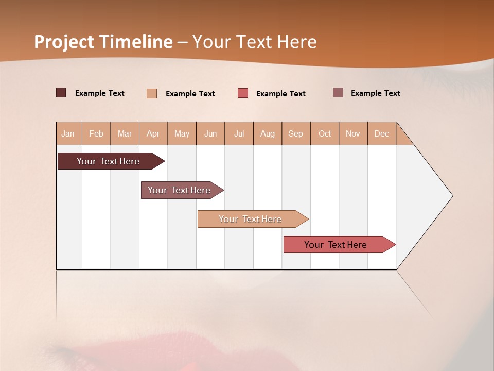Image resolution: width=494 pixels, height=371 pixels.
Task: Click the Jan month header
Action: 68,133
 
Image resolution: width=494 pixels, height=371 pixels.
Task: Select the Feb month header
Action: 96,133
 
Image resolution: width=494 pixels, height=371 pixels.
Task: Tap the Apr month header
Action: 153,133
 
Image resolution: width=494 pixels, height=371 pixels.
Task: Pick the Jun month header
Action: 210,133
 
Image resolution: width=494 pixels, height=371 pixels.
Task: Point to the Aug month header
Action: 268,133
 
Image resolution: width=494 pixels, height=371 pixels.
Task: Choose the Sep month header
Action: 296,133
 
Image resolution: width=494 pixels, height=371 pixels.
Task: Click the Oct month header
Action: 325,133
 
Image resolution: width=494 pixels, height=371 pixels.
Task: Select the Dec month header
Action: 382,133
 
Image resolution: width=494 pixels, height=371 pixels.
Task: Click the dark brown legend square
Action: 61,93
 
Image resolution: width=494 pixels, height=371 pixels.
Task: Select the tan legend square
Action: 152,93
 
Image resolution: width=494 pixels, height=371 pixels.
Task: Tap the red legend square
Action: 243,93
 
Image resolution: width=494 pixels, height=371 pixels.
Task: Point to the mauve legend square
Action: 338,93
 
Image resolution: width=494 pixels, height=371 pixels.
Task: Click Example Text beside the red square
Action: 281,94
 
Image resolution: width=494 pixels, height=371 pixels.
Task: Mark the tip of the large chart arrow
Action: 452,196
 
